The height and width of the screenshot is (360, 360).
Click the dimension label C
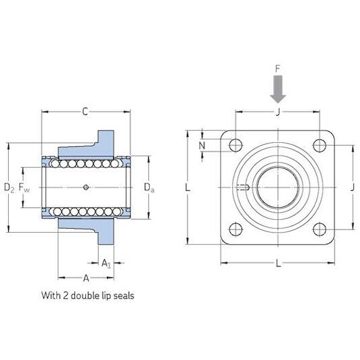85,112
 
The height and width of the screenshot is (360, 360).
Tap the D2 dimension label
9,188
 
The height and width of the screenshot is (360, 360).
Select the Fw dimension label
24,187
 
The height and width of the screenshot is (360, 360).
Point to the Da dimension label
149,187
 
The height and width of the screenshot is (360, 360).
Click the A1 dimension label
106,263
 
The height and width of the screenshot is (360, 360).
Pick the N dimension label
202,145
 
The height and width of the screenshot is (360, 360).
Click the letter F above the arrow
278,68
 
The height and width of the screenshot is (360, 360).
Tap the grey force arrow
278,89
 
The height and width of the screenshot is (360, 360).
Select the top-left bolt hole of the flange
235,145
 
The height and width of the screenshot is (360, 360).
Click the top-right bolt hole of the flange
319,145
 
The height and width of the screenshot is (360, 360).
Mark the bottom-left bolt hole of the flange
235,229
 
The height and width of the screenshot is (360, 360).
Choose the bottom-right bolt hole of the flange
319,229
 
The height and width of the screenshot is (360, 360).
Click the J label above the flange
278,112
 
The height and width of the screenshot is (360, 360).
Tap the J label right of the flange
353,187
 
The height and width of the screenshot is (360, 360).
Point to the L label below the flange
278,263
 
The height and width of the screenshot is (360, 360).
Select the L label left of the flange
187,187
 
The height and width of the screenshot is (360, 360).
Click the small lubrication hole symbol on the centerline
86,187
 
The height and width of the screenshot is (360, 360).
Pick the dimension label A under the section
86,278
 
